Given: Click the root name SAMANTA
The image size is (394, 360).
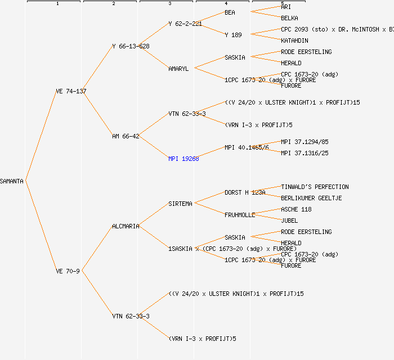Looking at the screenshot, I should pyautogui.click(x=12, y=181).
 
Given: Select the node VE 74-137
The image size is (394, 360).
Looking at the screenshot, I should pyautogui.click(x=71, y=91).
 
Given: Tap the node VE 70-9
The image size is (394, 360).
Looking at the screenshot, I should pyautogui.click(x=68, y=271).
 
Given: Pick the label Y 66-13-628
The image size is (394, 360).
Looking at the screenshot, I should pyautogui.click(x=131, y=46).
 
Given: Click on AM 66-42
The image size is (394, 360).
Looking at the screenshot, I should pyautogui.click(x=126, y=136).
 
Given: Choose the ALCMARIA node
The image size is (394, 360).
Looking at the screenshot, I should pyautogui.click(x=126, y=226).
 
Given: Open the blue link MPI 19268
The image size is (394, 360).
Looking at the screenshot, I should pyautogui.click(x=183, y=159).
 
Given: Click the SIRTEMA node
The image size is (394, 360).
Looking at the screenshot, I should pyautogui.click(x=180, y=204).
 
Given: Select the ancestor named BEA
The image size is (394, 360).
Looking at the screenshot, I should pyautogui.click(x=230, y=12).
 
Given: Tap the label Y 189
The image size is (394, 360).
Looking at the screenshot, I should pyautogui.click(x=233, y=35).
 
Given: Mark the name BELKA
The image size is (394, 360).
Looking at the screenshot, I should pyautogui.click(x=289, y=18).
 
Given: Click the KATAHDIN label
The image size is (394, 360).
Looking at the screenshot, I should pyautogui.click(x=294, y=40).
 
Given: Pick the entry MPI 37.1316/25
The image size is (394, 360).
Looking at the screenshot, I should pyautogui.click(x=305, y=153).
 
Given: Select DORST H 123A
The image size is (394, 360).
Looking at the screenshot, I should pyautogui.click(x=245, y=192).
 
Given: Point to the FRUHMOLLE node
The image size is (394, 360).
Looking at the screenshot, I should pyautogui.click(x=240, y=215).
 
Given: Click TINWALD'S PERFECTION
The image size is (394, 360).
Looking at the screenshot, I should pyautogui.click(x=315, y=187).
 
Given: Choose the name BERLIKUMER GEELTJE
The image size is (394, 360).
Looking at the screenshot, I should pyautogui.click(x=311, y=198).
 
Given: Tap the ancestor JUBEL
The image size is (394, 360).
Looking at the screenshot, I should pyautogui.click(x=289, y=220).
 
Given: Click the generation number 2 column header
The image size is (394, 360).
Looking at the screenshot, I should pyautogui.click(x=113, y=4).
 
